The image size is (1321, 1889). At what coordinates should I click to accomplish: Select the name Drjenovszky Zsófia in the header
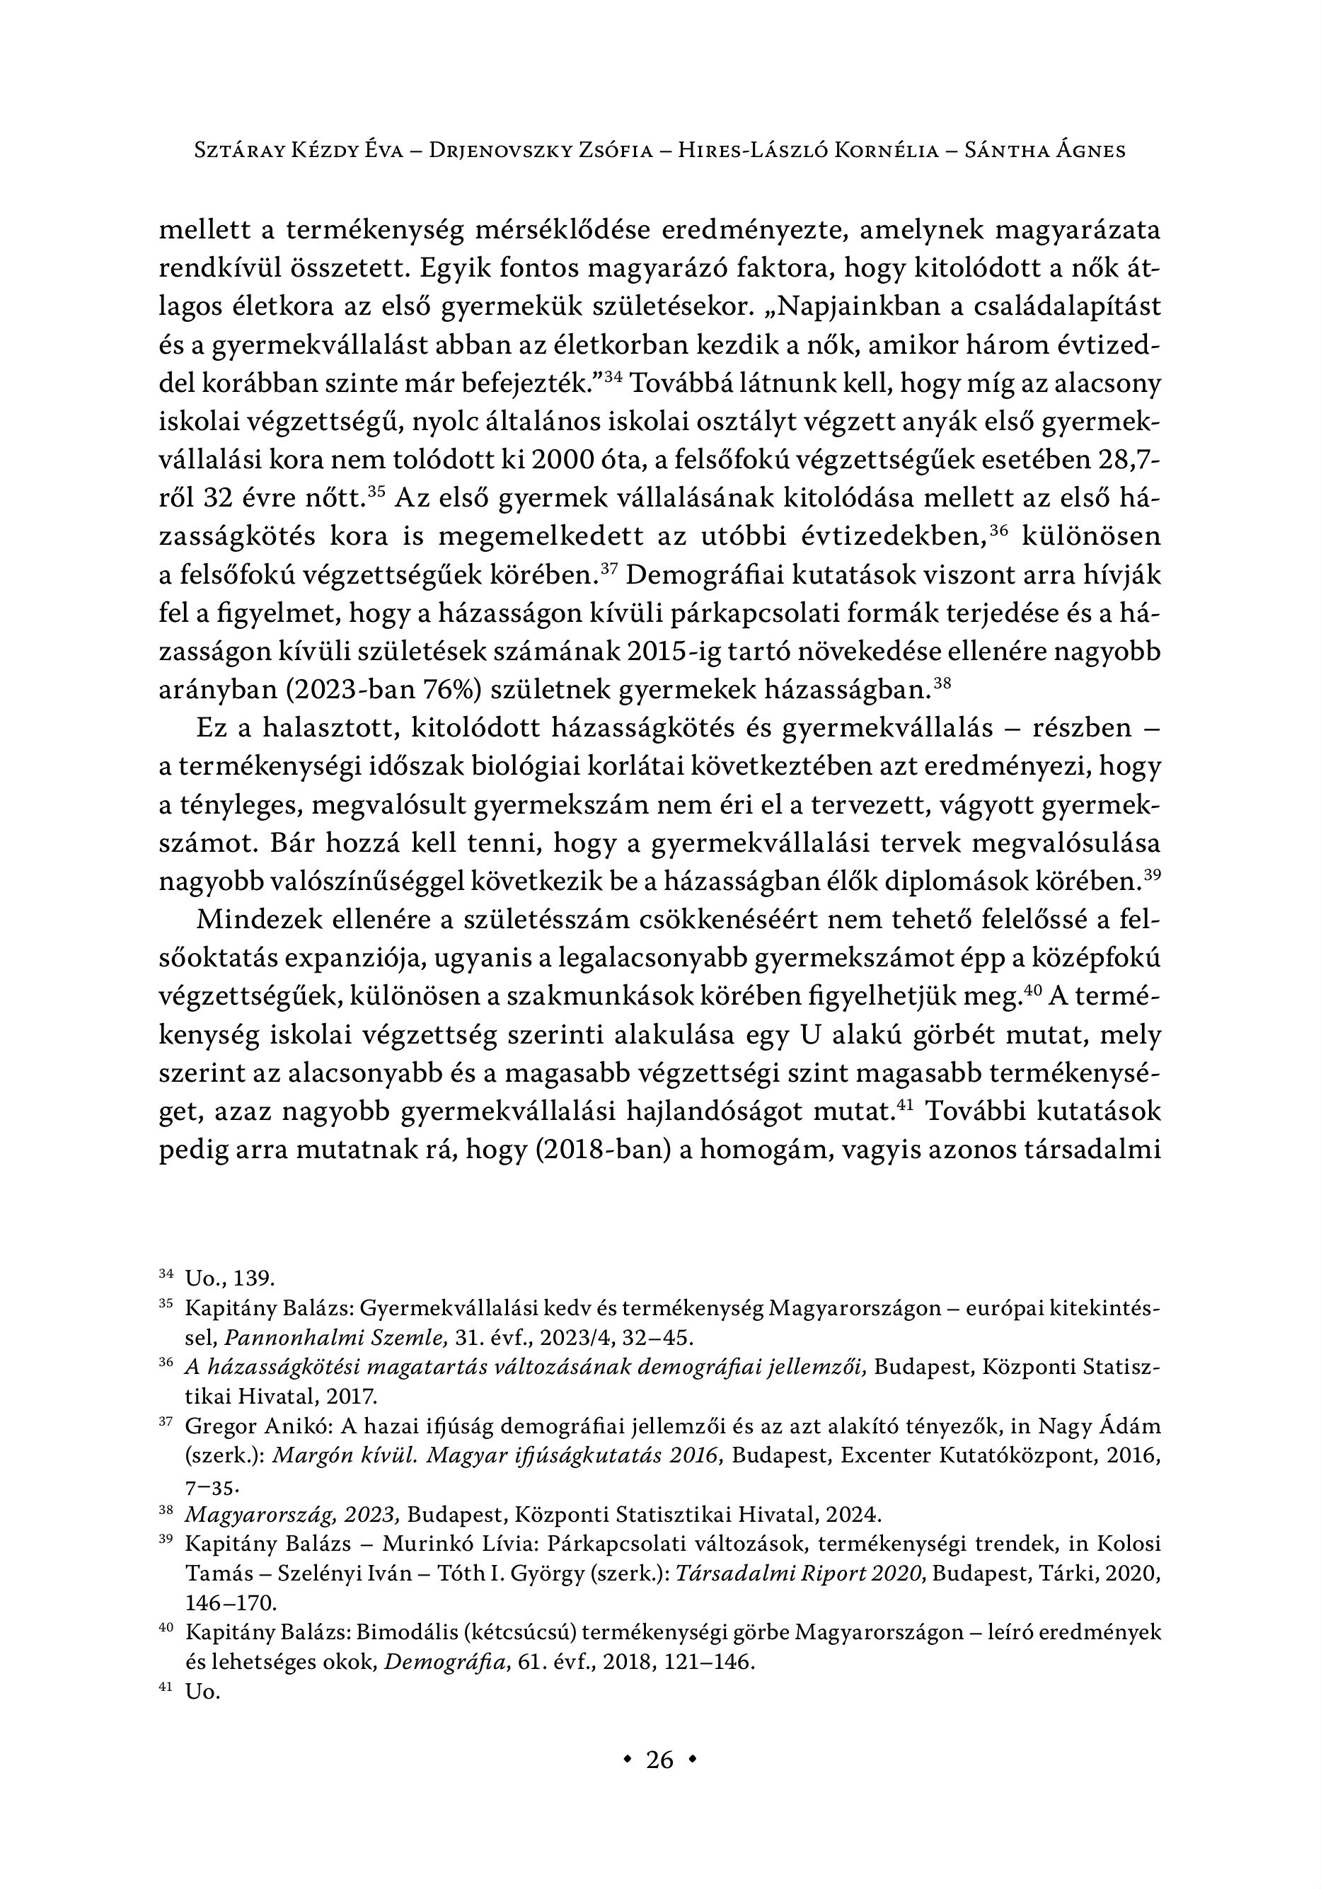point(541,151)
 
